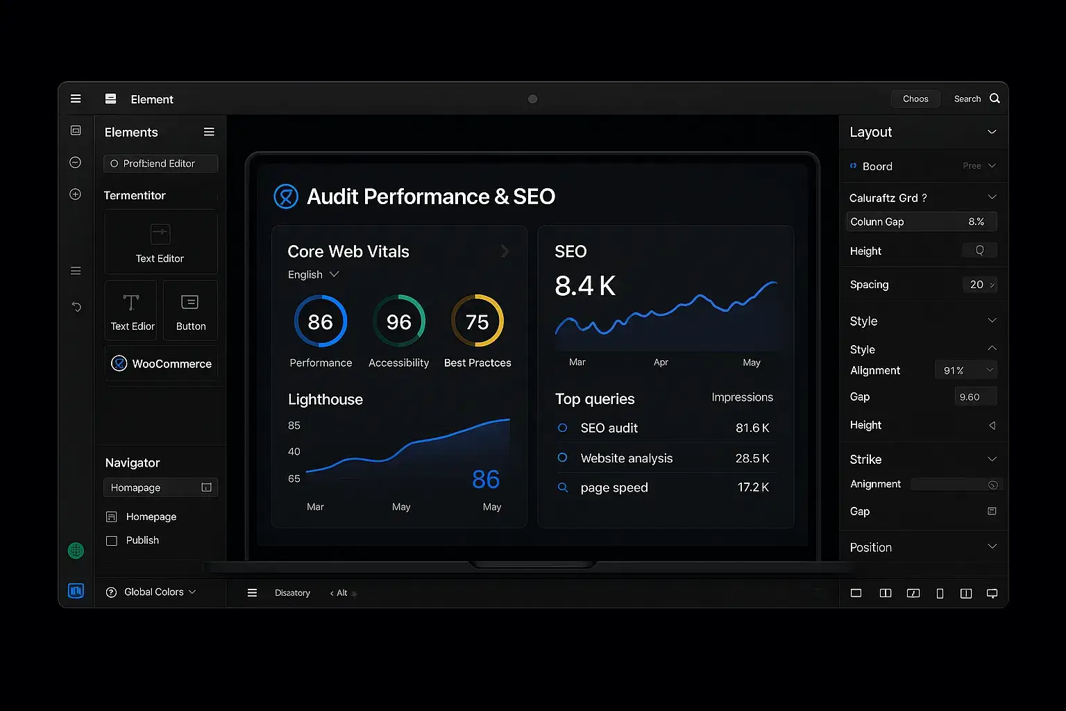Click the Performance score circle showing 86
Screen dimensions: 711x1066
321,321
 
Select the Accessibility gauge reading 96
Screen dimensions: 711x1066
399,321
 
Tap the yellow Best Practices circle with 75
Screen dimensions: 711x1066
477,321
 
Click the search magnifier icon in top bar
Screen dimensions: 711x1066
995,99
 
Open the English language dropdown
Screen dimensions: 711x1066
313,274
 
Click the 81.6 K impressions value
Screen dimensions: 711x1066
752,428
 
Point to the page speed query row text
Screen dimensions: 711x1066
614,487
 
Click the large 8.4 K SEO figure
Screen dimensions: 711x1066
585,286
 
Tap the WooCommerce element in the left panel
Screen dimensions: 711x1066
162,363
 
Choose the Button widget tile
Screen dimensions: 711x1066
190,311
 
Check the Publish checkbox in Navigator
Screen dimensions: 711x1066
112,540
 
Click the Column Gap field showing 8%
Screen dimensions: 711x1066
922,221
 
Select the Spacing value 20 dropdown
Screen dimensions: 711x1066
980,285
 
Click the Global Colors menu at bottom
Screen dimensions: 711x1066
151,592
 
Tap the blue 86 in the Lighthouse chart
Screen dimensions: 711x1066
486,479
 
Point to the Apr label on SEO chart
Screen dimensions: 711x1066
661,362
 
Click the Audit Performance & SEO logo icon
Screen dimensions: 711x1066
286,196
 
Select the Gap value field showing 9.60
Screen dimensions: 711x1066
974,397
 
